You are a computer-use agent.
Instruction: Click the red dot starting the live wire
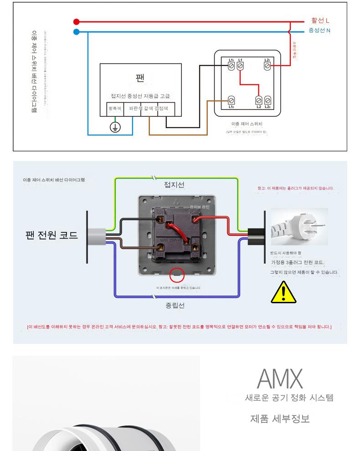[77, 21]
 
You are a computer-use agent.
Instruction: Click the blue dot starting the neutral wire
[77, 32]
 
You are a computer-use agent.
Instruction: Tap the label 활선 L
[320, 21]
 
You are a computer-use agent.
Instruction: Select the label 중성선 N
[319, 31]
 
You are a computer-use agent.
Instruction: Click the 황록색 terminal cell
[114, 109]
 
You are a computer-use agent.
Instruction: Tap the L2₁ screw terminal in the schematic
[267, 66]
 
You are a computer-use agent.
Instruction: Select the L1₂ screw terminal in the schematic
[231, 99]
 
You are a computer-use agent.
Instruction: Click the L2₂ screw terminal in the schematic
[267, 100]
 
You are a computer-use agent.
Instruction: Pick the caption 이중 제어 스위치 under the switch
[247, 124]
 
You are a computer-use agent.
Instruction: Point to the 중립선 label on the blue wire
[175, 306]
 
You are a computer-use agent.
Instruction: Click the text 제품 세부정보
[280, 419]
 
